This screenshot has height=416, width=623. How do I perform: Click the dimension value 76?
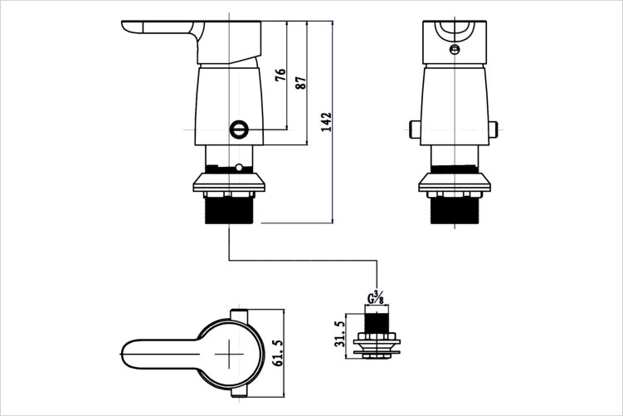[280, 75]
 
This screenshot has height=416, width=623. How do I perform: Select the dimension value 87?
[301, 82]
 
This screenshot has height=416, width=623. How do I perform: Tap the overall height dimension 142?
[327, 122]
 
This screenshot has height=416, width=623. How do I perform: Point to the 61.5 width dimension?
[278, 353]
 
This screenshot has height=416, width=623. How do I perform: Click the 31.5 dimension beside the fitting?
[340, 334]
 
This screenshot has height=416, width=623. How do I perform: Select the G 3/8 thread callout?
[376, 298]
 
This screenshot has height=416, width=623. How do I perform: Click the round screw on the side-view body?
[239, 130]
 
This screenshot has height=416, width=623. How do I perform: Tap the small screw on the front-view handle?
[455, 49]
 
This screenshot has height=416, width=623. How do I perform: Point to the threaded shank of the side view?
[229, 210]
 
